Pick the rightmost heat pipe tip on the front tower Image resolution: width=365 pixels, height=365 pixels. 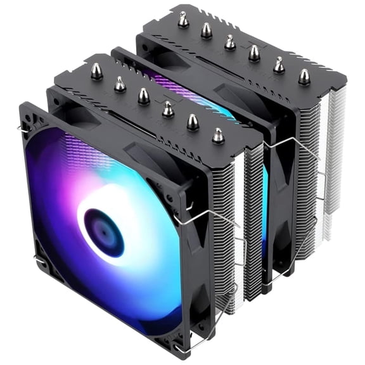coord(218,135)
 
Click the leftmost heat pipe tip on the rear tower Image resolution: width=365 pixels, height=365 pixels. coord(183,20)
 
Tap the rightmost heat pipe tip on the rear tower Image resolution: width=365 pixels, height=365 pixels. coord(304,76)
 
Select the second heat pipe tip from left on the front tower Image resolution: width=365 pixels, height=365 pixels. coord(120,84)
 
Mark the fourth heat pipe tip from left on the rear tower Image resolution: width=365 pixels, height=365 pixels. coord(254,53)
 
